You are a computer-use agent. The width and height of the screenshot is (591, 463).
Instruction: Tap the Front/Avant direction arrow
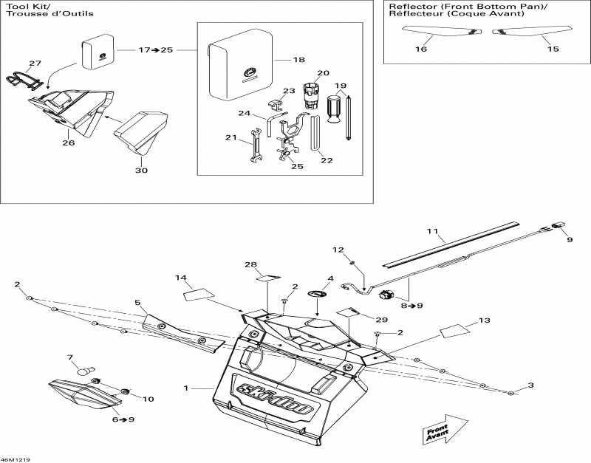click(440, 430)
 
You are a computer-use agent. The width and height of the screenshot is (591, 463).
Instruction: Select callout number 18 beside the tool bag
click(299, 60)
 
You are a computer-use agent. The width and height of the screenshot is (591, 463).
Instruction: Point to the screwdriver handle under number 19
click(333, 109)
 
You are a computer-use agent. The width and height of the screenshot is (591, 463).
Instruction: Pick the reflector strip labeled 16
click(442, 31)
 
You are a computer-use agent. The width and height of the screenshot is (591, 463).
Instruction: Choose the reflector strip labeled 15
click(532, 31)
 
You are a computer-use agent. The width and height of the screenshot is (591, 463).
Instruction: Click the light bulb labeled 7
click(86, 371)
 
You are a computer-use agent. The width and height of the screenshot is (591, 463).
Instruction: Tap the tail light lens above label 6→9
click(85, 394)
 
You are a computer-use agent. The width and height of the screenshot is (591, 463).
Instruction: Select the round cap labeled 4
click(318, 293)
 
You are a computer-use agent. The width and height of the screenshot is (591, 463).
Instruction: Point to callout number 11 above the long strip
click(433, 231)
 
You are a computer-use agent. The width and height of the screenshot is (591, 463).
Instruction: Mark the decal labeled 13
click(455, 331)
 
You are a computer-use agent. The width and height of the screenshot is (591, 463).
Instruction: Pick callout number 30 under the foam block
click(141, 171)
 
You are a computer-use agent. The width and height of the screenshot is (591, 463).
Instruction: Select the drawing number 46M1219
click(16, 459)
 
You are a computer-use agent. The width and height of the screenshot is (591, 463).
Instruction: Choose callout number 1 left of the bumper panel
click(185, 388)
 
